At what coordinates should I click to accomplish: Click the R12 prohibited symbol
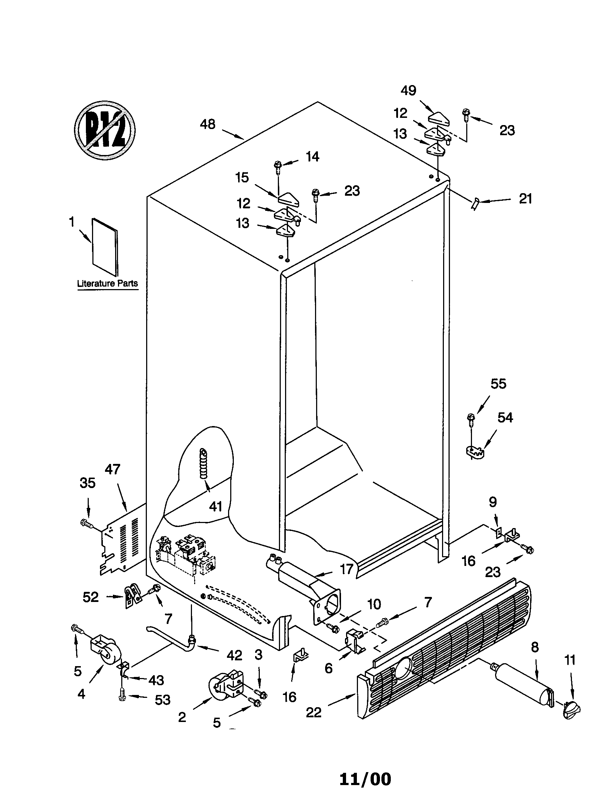click(x=105, y=130)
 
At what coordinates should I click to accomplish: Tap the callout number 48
click(x=207, y=125)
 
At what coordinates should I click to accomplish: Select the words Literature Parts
click(x=108, y=283)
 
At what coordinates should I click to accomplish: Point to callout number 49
click(x=408, y=90)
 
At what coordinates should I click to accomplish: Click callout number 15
click(x=242, y=178)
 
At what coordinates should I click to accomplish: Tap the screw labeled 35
click(x=85, y=523)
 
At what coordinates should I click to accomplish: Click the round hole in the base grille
click(x=404, y=667)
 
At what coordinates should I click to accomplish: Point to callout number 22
click(x=313, y=712)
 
